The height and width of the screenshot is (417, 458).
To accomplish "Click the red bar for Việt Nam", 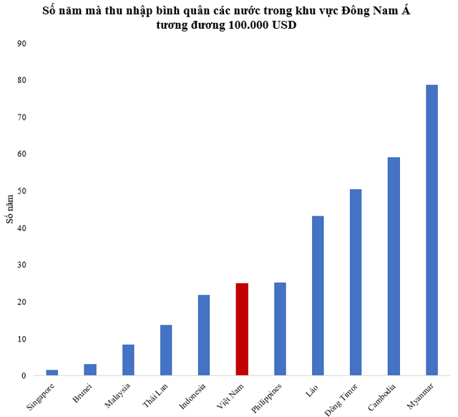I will point(242,329).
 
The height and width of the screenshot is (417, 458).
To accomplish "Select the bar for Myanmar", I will point(432,230).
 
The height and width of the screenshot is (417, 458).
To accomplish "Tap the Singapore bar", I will point(52,373).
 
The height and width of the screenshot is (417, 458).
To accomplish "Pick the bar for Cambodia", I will point(394,266).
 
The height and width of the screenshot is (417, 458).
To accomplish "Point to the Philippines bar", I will point(280,329).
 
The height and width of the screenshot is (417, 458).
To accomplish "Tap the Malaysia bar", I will point(128,360).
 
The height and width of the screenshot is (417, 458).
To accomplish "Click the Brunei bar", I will point(90,370).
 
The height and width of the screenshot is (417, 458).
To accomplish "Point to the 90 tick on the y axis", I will point(22,43).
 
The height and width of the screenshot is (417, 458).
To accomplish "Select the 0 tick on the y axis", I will point(24,375).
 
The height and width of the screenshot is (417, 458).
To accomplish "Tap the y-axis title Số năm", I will point(11,209).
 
